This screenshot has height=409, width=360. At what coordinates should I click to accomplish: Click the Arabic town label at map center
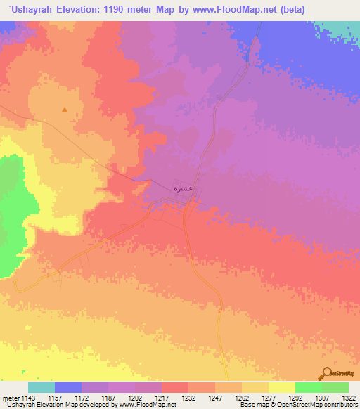[x=183, y=189]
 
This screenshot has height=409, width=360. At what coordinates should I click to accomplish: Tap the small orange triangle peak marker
[x=65, y=110]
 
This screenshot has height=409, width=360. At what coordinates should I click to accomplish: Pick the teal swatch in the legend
[x=41, y=387]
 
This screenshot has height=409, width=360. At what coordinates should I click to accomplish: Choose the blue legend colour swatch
[x=68, y=387]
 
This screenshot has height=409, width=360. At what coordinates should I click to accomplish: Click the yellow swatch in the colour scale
[x=281, y=387]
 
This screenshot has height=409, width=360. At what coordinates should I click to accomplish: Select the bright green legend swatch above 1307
[x=308, y=387]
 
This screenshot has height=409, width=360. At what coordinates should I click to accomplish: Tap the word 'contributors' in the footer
[x=340, y=405]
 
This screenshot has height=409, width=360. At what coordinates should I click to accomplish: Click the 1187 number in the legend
[x=109, y=397]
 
